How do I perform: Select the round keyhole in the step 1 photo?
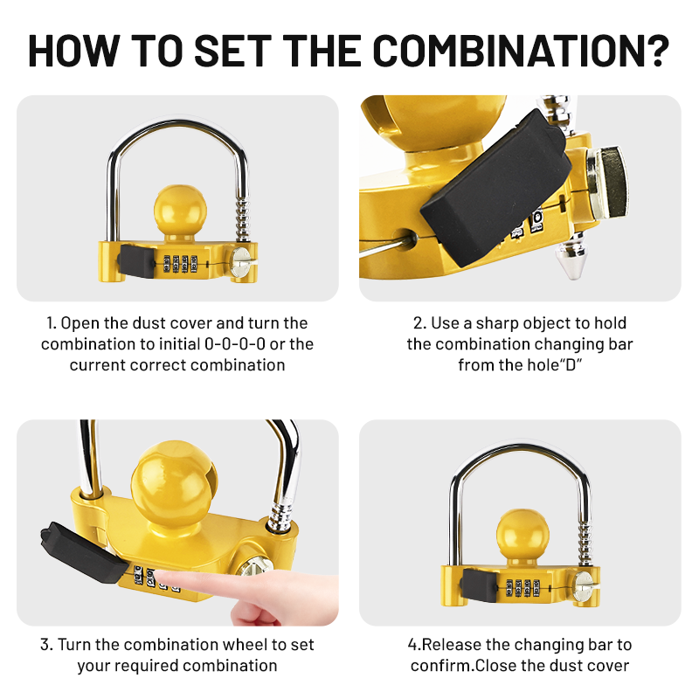(x=241, y=259)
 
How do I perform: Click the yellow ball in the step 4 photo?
(x=520, y=538)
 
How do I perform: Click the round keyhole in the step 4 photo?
(x=583, y=585)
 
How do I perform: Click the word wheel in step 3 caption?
(x=263, y=645)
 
